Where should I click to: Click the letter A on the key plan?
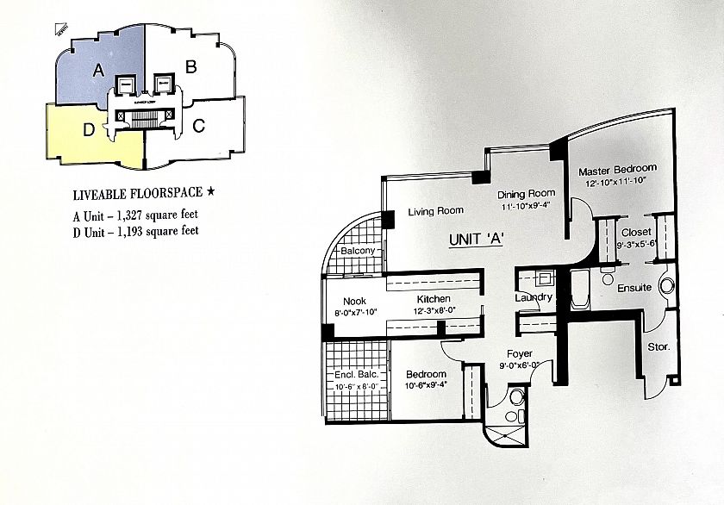point(99,70)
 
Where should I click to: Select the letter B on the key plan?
point(192,65)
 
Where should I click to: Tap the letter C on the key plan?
point(198,127)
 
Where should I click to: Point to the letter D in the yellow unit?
point(88,131)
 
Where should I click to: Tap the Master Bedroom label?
point(617,169)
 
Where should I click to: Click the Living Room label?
point(435,210)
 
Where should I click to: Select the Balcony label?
point(357,251)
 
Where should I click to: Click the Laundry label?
point(533,297)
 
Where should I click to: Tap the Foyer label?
point(519,353)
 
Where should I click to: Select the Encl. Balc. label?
point(356,375)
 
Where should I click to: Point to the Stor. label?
point(658,347)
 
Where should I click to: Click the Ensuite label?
point(633,287)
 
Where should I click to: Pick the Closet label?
point(636,232)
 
